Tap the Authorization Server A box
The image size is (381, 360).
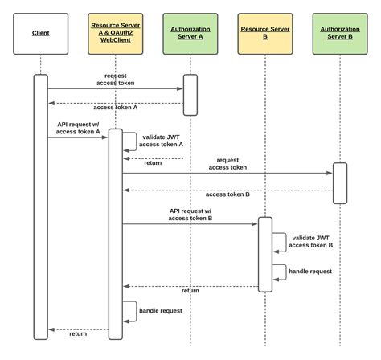pyautogui.click(x=190, y=33)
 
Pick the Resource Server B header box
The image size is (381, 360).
pyautogui.click(x=264, y=33)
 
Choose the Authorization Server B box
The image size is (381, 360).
pyautogui.click(x=339, y=33)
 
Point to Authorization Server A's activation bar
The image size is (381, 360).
pyautogui.click(x=190, y=95)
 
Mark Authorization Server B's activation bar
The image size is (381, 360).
pyautogui.click(x=339, y=183)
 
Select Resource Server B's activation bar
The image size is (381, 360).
pyautogui.click(x=264, y=254)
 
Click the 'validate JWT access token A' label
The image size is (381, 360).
pyautogui.click(x=162, y=141)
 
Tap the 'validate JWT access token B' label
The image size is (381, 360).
pyautogui.click(x=313, y=241)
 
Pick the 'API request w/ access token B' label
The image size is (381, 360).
pyautogui.click(x=190, y=214)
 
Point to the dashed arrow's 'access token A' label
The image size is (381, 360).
pyautogui.click(x=115, y=107)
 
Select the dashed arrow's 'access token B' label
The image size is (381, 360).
pyautogui.click(x=227, y=194)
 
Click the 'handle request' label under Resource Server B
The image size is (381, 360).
pyautogui.click(x=311, y=271)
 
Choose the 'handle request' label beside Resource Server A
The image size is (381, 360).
pyautogui.click(x=161, y=309)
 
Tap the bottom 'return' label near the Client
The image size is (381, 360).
pyautogui.click(x=78, y=333)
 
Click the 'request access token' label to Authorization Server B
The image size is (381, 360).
pyautogui.click(x=227, y=163)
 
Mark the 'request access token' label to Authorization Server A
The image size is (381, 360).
pyautogui.click(x=115, y=78)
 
